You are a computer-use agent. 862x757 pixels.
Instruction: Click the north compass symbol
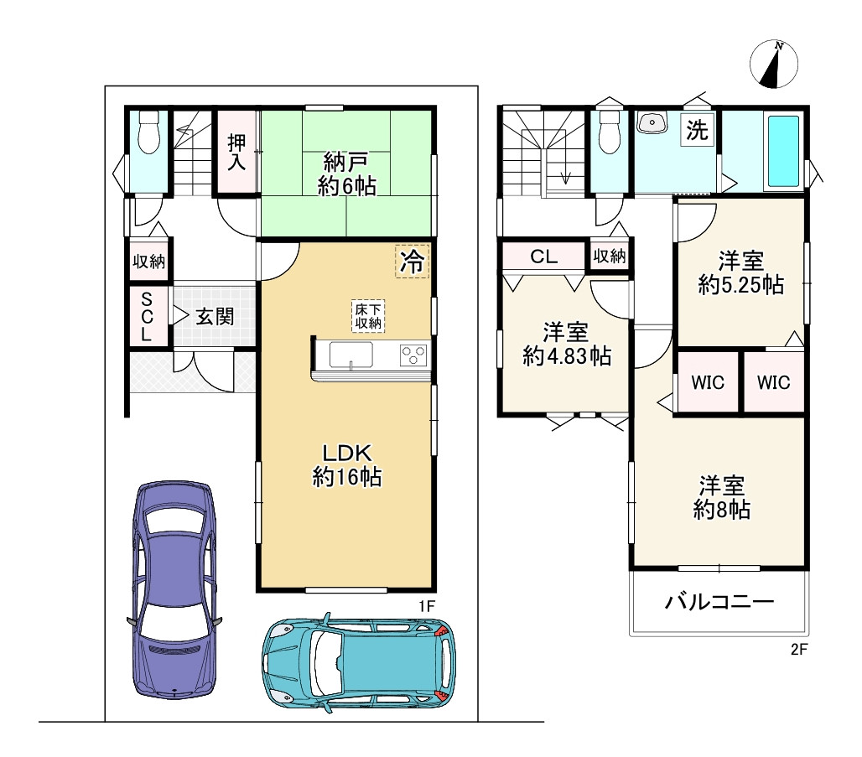(x=773, y=64)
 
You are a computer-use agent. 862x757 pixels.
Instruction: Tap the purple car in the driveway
(x=174, y=590)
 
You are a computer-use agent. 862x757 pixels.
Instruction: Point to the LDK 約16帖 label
(x=347, y=465)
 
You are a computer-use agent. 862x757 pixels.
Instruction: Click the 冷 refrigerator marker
(x=412, y=261)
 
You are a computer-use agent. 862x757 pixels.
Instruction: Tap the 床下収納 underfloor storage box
(x=368, y=316)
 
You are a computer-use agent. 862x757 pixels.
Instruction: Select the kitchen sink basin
(x=351, y=355)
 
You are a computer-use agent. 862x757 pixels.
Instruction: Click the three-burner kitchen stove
(x=414, y=355)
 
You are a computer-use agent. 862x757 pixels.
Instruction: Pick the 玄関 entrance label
(x=215, y=317)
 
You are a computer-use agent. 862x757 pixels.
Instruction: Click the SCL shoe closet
(x=148, y=317)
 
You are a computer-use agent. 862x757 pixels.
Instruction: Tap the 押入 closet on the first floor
(x=237, y=152)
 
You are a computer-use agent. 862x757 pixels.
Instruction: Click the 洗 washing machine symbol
(x=697, y=130)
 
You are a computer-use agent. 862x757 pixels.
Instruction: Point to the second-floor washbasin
(x=652, y=122)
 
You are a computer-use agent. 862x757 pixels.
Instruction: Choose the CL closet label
(x=543, y=257)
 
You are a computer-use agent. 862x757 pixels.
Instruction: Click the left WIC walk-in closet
(x=708, y=382)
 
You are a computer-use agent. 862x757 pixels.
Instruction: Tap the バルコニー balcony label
(x=719, y=602)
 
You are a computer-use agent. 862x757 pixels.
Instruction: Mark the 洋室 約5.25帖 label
(x=740, y=272)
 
